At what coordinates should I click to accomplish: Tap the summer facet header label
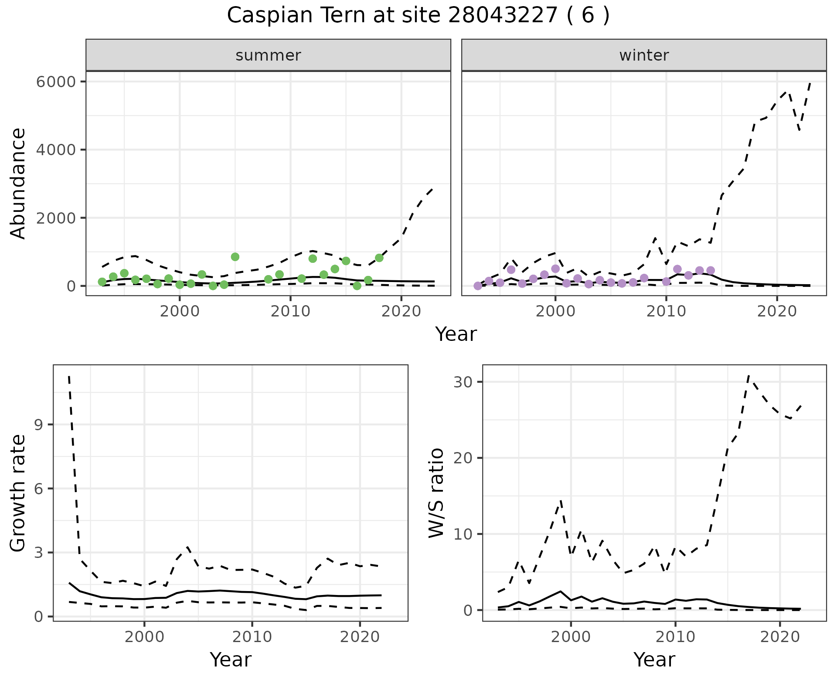coord(268,55)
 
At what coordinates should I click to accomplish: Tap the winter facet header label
coord(644,55)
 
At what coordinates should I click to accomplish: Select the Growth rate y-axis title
coord(18,493)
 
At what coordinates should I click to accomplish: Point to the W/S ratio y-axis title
coord(436,493)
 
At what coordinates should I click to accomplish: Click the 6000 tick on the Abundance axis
coord(58,82)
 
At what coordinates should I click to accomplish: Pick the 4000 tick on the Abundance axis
coord(58,150)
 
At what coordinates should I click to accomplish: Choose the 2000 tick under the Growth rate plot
coord(144,637)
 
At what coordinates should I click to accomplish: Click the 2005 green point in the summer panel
coord(235,257)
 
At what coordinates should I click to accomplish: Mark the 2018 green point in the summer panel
coord(379,258)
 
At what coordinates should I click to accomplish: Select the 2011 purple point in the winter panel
coord(677,269)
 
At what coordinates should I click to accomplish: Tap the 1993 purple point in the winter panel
coord(478,286)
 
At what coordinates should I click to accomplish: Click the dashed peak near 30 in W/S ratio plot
coord(749,376)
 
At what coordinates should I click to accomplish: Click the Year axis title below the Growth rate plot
coord(231,660)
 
